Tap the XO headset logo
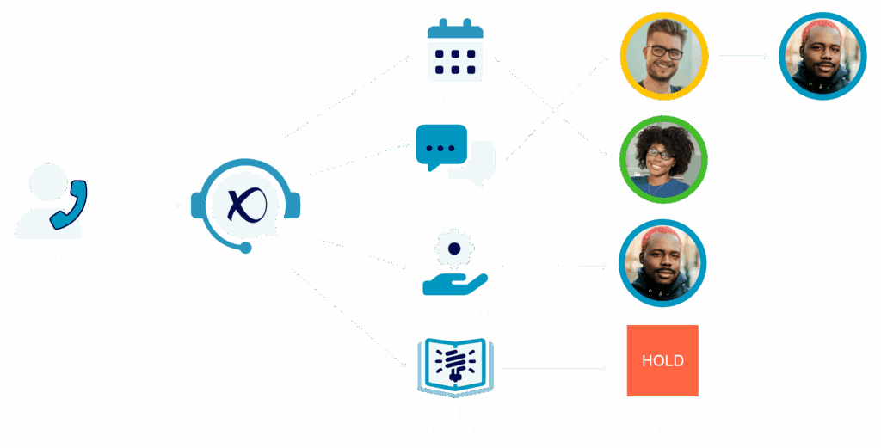coord(245,204)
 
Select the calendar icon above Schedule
coord(455,51)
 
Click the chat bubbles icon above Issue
coord(455,155)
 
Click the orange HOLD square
coord(662,360)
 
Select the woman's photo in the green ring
coord(663,160)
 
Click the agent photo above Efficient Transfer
coord(821,56)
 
